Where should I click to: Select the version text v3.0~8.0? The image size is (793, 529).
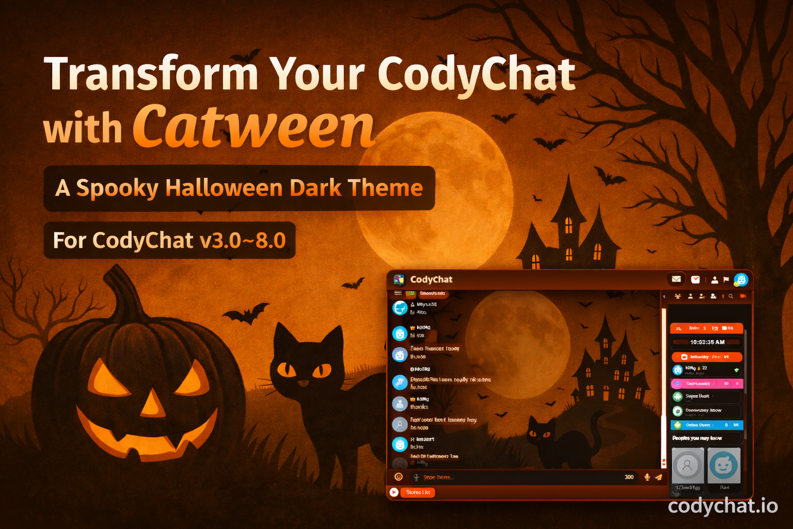click(x=243, y=240)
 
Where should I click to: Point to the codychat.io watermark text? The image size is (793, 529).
click(x=722, y=506)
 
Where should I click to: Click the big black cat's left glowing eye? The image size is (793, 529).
click(x=286, y=370)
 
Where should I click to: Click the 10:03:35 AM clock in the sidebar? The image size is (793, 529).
click(x=707, y=342)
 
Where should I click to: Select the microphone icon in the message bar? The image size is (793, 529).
click(x=647, y=477)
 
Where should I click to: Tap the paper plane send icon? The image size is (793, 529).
click(x=659, y=477)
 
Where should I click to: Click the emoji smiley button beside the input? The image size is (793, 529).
click(x=399, y=477)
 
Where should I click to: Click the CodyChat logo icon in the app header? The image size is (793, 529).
click(x=399, y=279)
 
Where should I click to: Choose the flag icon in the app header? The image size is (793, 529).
click(x=726, y=279)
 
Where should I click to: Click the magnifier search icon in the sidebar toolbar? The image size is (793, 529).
click(x=731, y=297)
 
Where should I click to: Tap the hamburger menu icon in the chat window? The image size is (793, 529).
click(x=398, y=293)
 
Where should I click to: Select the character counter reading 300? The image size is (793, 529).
click(x=629, y=477)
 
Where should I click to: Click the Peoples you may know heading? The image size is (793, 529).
click(x=697, y=438)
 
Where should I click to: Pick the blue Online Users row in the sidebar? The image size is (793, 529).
click(x=706, y=425)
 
